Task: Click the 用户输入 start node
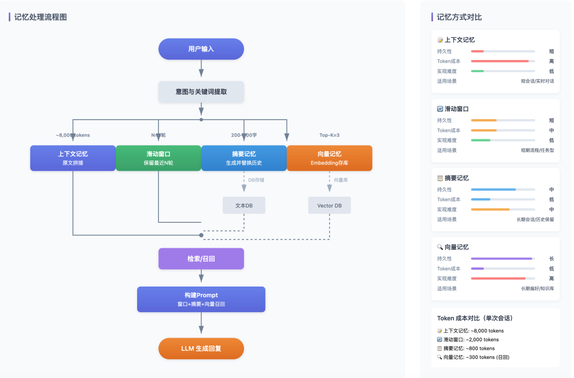[201, 49]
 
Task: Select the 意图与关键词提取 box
[201, 91]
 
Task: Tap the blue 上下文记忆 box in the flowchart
[73, 158]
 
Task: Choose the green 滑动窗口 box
[158, 158]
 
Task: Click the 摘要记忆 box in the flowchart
[244, 158]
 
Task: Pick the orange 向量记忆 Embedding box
[330, 158]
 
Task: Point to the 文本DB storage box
[244, 205]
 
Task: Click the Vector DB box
[330, 205]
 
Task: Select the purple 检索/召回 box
[201, 258]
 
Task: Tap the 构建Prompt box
[201, 299]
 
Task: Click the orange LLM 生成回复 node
[201, 348]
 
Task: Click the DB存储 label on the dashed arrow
[256, 180]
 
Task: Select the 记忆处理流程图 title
[40, 17]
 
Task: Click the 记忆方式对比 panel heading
[459, 17]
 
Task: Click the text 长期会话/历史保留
[535, 219]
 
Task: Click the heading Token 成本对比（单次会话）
[475, 318]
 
